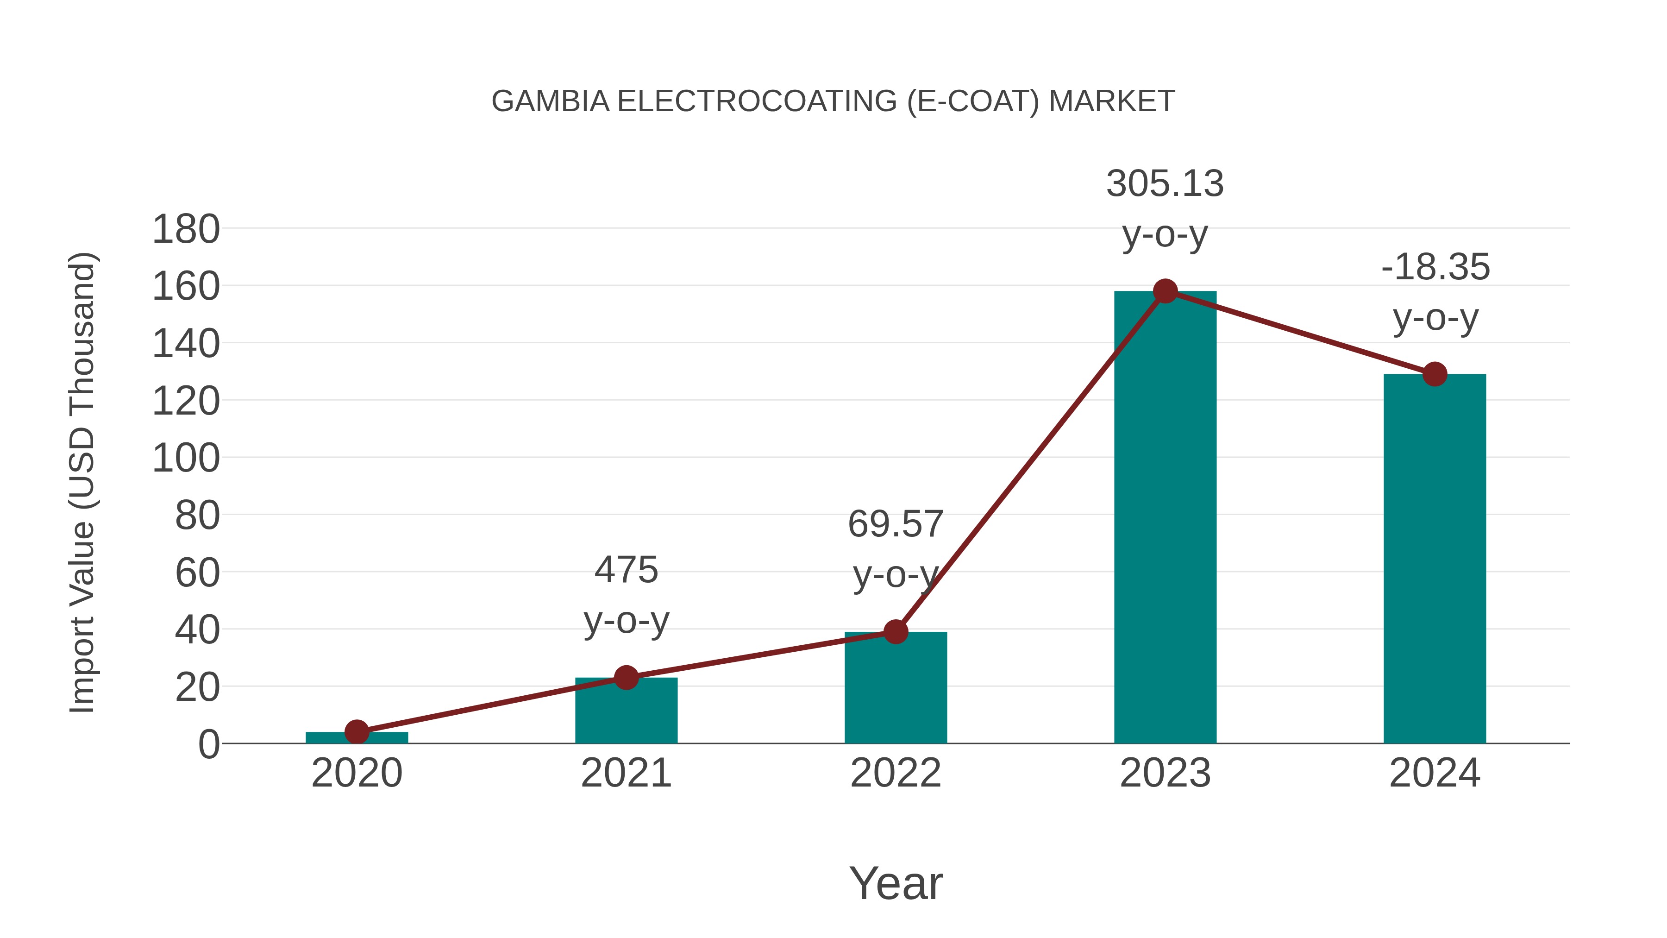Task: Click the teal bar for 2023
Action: [x=1165, y=518]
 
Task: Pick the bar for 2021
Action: [x=626, y=712]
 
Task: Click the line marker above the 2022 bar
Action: [x=896, y=632]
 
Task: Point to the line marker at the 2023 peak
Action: [x=1165, y=291]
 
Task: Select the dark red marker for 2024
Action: [x=1434, y=374]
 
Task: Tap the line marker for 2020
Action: [x=357, y=732]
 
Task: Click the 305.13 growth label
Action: [x=1165, y=184]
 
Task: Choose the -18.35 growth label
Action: [x=1435, y=267]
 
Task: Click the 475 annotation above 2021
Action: [x=626, y=570]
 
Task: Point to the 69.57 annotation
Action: [x=896, y=524]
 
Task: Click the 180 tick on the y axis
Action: [x=186, y=230]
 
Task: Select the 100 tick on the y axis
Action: [x=186, y=459]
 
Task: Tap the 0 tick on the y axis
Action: [x=208, y=744]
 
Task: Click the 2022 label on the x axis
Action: [x=896, y=773]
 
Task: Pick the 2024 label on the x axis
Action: [x=1434, y=773]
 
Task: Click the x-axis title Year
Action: [x=896, y=884]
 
